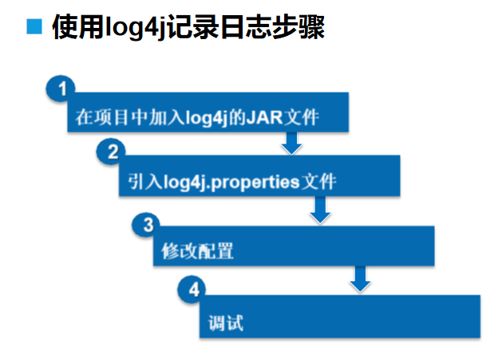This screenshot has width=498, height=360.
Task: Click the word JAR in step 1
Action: [267, 118]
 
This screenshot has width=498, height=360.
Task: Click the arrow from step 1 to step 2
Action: [291, 144]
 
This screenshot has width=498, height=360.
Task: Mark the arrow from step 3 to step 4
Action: [361, 279]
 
